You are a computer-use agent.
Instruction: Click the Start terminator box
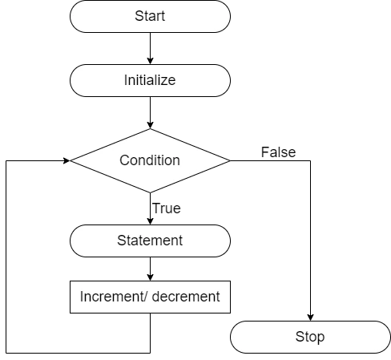(150, 16)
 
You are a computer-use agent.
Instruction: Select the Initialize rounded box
(150, 80)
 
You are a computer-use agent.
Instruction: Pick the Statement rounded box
(150, 241)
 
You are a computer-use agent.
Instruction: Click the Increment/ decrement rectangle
(150, 297)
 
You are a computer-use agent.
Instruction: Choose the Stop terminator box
(310, 337)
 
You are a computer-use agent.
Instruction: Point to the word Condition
(150, 160)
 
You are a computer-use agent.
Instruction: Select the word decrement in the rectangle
(186, 297)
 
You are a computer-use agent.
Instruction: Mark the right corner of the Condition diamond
(228, 160)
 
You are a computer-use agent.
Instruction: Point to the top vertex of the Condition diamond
(150, 130)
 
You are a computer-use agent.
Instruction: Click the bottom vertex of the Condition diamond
(150, 191)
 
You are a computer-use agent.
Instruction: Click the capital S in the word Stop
(299, 337)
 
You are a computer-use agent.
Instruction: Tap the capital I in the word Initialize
(126, 80)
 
